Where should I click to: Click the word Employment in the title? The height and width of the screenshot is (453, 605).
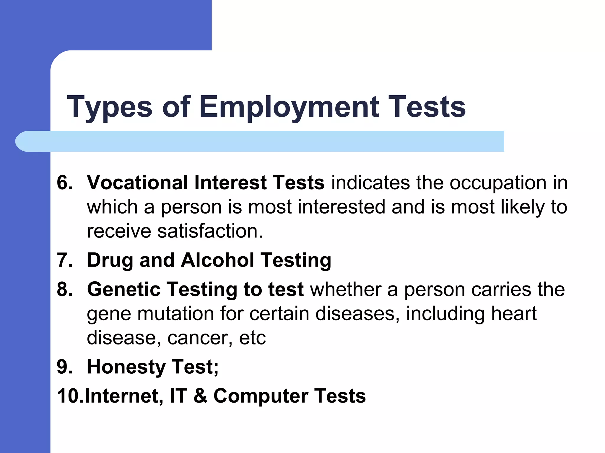coord(289,107)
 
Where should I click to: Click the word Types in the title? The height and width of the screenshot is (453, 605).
coord(110,107)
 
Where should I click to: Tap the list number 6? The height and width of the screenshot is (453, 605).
coord(65,183)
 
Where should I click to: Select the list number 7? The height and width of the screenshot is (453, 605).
coord(65,260)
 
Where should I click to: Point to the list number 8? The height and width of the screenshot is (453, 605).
coord(65,289)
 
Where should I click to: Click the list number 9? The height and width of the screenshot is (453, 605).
coord(65,367)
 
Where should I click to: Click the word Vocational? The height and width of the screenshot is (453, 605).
coord(137,183)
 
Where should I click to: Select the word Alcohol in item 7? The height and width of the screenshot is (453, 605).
coord(217,260)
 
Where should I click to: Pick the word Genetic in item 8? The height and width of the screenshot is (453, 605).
coord(124,289)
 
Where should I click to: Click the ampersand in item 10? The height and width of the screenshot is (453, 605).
coord(201,396)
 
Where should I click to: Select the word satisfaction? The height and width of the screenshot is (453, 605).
coord(210,231)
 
